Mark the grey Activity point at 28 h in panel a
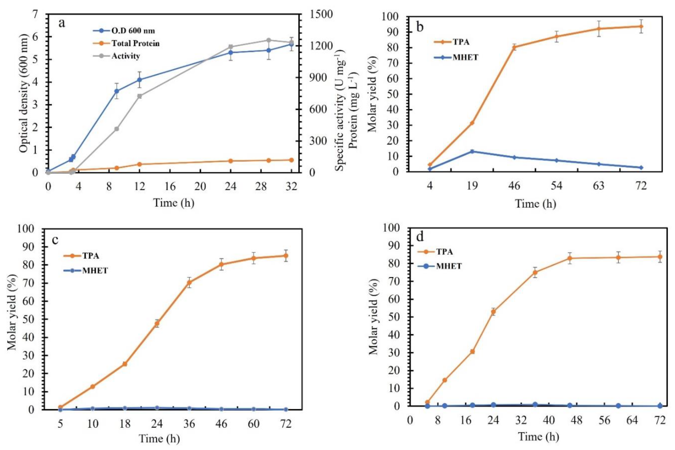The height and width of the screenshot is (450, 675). pyautogui.click(x=269, y=40)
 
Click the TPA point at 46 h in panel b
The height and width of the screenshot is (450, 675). pyautogui.click(x=514, y=47)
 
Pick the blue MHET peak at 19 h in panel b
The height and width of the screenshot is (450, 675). pyautogui.click(x=472, y=151)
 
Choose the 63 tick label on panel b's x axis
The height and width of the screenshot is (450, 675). pyautogui.click(x=598, y=186)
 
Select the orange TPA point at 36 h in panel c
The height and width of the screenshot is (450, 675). pyautogui.click(x=189, y=282)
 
